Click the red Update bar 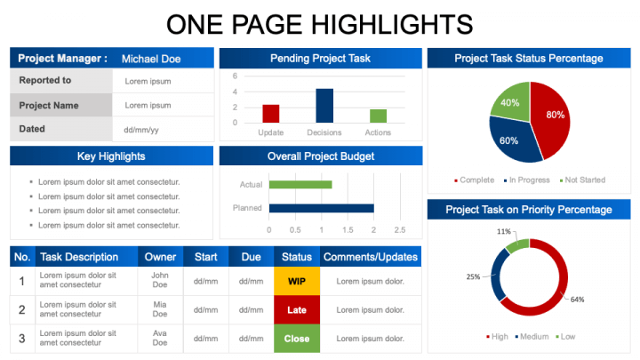pyautogui.click(x=270, y=114)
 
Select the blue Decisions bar pyautogui.click(x=324, y=105)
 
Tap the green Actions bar pyautogui.click(x=378, y=116)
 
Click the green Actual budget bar pyautogui.click(x=300, y=185)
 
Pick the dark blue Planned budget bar pyautogui.click(x=321, y=208)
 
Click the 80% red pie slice pyautogui.click(x=552, y=118)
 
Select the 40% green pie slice pyautogui.click(x=511, y=102)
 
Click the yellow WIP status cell pyautogui.click(x=297, y=281)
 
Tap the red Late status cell pyautogui.click(x=297, y=310)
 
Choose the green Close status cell pyautogui.click(x=297, y=339)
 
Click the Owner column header pyautogui.click(x=160, y=257)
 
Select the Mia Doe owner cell pyautogui.click(x=160, y=309)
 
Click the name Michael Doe pyautogui.click(x=151, y=59)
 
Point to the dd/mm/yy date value pyautogui.click(x=141, y=130)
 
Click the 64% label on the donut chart pyautogui.click(x=577, y=300)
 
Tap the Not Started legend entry pyautogui.click(x=582, y=180)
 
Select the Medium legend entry pyautogui.click(x=532, y=337)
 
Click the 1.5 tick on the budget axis pyautogui.click(x=348, y=230)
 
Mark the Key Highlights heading pyautogui.click(x=111, y=156)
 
